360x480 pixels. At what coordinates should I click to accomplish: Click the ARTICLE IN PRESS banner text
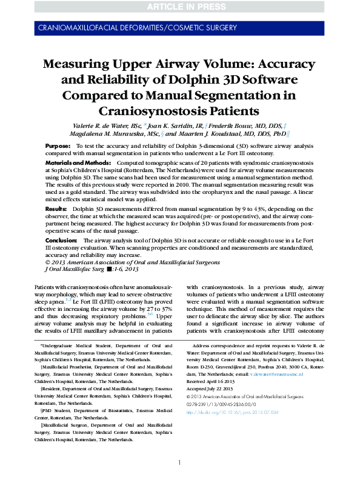pos(180,7)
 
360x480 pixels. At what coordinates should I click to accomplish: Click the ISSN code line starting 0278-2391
pos(222,404)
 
